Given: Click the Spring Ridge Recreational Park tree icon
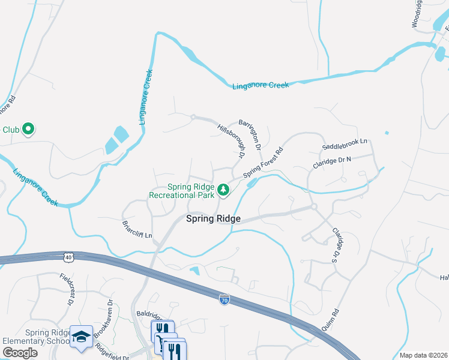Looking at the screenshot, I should coord(223,190).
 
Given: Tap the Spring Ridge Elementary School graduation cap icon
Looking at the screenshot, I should coord(80,337).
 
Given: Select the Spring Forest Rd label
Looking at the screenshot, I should coord(263,163).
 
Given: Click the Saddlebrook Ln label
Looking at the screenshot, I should coord(344,144).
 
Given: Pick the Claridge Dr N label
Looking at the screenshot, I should coord(331,163).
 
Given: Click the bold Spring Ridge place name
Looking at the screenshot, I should coord(213,219).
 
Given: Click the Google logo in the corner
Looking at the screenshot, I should coord(19,353).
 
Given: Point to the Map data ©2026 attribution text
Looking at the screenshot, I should coord(423,355).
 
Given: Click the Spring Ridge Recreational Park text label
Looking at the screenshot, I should coord(181,191).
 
